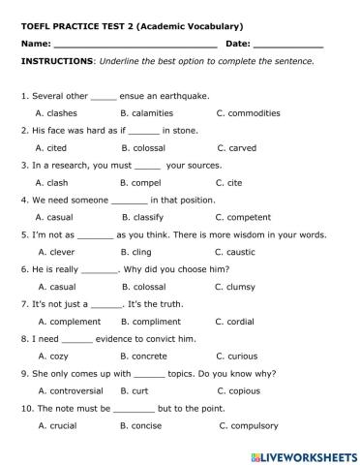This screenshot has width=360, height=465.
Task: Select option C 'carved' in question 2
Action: pyautogui.click(x=241, y=147)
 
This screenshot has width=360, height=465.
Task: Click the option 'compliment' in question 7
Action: pyautogui.click(x=157, y=322)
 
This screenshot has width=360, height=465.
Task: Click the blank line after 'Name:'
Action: pyautogui.click(x=135, y=46)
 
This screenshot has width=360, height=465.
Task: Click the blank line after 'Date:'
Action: pyautogui.click(x=288, y=46)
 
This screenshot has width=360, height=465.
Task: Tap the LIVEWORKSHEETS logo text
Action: pyautogui.click(x=308, y=452)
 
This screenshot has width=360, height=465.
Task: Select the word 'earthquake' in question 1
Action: pyautogui.click(x=180, y=96)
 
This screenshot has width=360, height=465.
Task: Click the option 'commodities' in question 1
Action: pyautogui.click(x=254, y=112)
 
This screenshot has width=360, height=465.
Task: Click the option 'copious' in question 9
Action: pyautogui.click(x=247, y=390)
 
